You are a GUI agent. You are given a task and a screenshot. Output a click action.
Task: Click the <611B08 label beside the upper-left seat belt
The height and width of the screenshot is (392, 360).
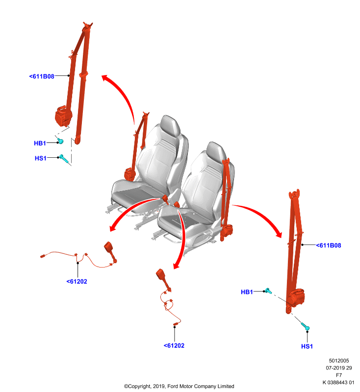tap(42, 76)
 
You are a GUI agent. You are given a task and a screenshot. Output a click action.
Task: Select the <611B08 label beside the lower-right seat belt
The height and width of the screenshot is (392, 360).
tap(329, 245)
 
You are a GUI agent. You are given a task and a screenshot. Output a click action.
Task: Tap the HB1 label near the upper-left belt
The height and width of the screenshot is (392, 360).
tap(40, 143)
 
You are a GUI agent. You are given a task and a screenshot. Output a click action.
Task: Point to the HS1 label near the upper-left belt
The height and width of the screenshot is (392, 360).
tap(41, 158)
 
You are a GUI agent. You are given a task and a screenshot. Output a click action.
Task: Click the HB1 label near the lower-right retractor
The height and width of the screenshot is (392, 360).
tap(247, 292)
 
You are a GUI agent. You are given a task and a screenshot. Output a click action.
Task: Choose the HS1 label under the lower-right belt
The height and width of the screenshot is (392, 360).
tap(307, 346)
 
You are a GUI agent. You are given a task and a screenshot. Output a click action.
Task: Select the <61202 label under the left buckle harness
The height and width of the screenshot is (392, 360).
tap(77, 281)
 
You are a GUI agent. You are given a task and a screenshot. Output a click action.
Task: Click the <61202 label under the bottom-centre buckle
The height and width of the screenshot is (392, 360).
tap(174, 345)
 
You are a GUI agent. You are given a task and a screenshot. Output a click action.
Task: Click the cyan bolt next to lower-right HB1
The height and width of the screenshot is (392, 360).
tap(268, 291)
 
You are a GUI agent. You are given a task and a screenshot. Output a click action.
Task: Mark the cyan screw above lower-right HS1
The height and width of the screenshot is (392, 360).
tap(305, 326)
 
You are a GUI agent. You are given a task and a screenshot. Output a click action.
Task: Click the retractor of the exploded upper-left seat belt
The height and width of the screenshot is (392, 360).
tap(63, 116)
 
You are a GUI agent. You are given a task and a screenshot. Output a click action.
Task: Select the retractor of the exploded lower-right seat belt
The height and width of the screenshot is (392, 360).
tap(295, 297)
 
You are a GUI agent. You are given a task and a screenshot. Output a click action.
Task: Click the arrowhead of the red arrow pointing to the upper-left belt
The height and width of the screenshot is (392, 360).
tap(105, 78)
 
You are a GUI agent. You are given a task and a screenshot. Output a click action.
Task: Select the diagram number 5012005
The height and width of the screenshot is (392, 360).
tap(339, 361)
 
